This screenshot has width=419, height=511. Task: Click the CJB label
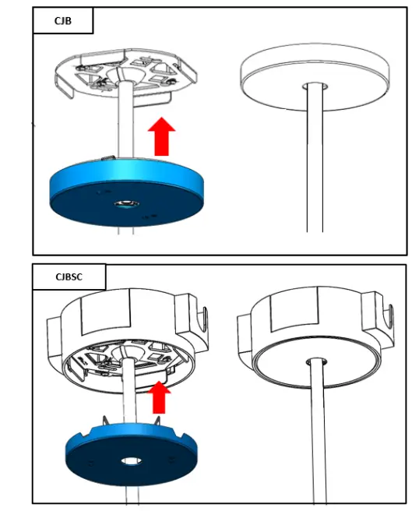coord(62,20)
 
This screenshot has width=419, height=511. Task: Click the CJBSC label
coord(69,277)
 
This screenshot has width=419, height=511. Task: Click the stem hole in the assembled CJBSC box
coord(317,361)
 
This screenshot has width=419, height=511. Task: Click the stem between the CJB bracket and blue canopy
coord(124,129)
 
